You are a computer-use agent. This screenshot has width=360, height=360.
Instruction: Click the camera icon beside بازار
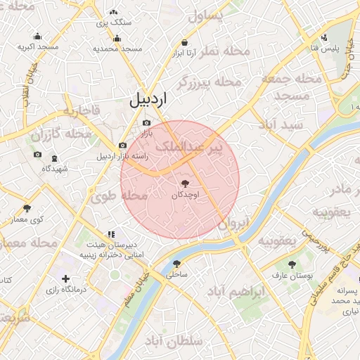146,122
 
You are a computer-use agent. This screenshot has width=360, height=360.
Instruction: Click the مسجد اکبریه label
38,47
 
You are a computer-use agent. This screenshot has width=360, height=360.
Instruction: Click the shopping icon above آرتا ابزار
184,41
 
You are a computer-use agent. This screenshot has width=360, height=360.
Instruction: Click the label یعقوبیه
276,241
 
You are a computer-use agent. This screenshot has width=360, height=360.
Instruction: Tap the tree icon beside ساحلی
176,264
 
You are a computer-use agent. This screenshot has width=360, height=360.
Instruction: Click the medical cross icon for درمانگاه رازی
66,279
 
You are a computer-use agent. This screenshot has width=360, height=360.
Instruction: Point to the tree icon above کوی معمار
27,208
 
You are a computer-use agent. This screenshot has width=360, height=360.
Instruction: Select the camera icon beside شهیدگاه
37,155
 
